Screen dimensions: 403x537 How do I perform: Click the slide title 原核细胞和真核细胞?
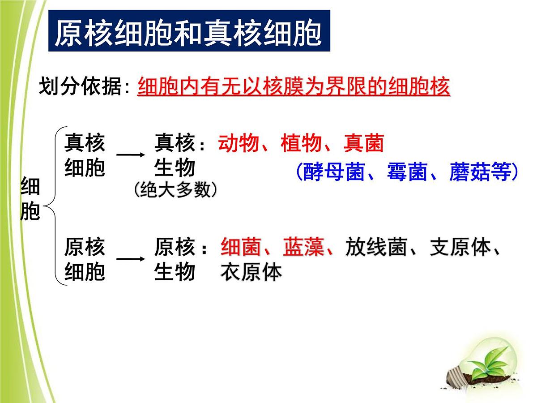click(188, 32)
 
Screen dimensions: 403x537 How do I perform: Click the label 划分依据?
click(81, 86)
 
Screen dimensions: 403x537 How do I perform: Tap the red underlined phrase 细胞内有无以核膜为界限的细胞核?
click(294, 86)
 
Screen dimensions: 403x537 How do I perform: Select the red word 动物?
click(239, 144)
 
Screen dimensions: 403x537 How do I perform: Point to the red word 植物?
click(301, 144)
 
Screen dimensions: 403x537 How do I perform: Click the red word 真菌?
click(364, 144)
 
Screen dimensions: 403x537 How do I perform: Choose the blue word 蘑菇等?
click(479, 172)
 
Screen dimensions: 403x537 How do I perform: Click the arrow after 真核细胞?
click(130, 155)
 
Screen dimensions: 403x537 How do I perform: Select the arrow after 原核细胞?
click(130, 259)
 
